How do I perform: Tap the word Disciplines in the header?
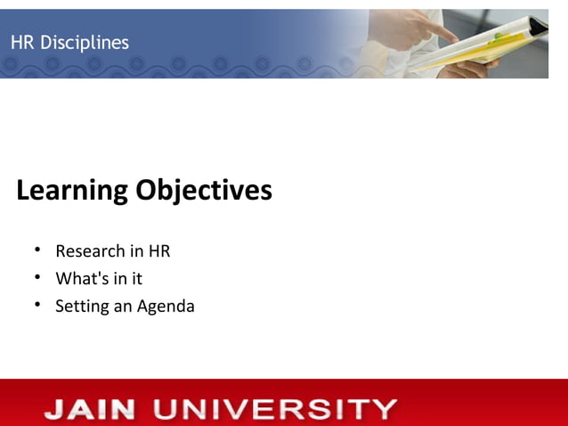[x=85, y=43]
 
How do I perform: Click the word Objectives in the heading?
[x=204, y=190]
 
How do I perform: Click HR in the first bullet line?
[x=158, y=251]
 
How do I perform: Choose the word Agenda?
[x=166, y=307]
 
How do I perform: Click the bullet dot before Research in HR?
[x=38, y=250]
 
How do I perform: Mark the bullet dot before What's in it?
[x=38, y=278]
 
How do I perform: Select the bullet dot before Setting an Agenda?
[x=38, y=306]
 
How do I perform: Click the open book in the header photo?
[x=481, y=45]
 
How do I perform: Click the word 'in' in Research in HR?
[x=136, y=251]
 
